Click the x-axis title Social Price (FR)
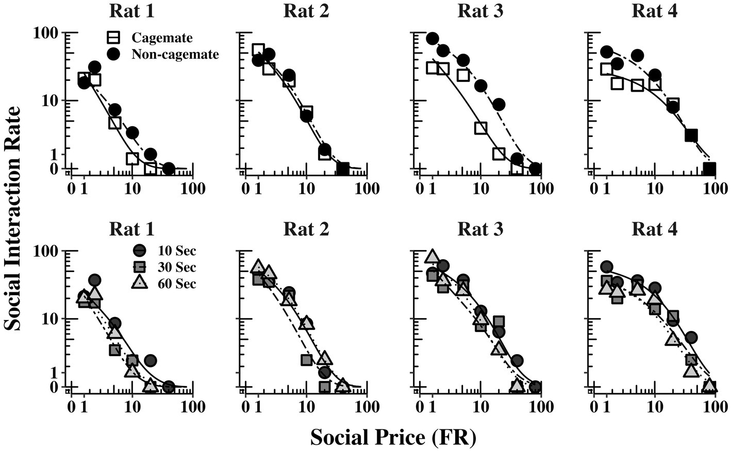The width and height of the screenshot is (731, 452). tap(394, 437)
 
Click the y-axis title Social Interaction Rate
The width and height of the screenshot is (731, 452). tap(13, 219)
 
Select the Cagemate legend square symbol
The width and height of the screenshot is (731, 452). tap(114, 38)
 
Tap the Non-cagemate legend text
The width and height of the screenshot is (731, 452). tap(175, 54)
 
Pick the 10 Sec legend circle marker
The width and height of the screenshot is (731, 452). tap(139, 251)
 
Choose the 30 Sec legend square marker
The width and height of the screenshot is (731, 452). tap(139, 267)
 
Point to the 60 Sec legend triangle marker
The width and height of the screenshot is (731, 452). tap(139, 283)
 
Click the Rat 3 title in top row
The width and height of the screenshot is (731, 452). tap(480, 11)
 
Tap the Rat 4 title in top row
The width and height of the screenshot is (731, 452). tap(654, 11)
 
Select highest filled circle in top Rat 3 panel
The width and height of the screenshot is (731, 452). tap(433, 39)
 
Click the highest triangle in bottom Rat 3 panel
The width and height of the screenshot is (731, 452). tap(432, 256)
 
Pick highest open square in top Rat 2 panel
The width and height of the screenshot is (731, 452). tap(258, 49)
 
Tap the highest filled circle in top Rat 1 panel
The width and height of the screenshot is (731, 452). tap(94, 67)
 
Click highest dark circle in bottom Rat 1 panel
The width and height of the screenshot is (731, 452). tap(94, 280)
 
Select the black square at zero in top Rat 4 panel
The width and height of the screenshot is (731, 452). tap(710, 169)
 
